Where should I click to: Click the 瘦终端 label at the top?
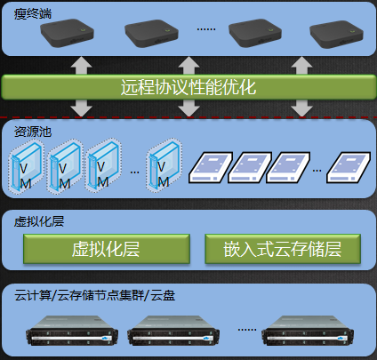[33, 14]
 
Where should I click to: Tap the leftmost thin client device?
[67, 33]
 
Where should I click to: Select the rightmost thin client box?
[336, 34]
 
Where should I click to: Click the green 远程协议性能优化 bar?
[188, 87]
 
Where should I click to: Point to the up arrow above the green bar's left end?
[81, 66]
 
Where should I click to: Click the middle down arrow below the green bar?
[189, 108]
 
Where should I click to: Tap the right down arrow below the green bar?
[301, 108]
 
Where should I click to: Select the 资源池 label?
[33, 132]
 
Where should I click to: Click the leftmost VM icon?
[26, 167]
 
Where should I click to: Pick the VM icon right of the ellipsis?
[164, 166]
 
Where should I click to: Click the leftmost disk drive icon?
[211, 167]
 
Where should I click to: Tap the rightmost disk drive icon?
[349, 167]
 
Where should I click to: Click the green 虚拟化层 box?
[107, 249]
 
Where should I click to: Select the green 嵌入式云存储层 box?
[283, 249]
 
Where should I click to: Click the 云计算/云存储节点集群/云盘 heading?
[94, 296]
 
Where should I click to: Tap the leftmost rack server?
[72, 331]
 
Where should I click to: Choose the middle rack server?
[173, 331]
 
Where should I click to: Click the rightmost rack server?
[308, 331]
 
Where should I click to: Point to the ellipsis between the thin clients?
[206, 29]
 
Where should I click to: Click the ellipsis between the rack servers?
[247, 330]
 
